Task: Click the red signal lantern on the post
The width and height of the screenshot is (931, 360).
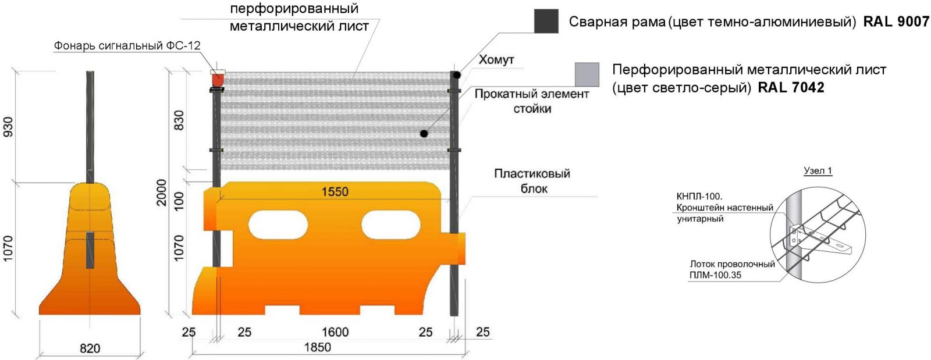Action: (x=218, y=79)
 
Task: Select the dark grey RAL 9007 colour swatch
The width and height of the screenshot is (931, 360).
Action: (x=546, y=22)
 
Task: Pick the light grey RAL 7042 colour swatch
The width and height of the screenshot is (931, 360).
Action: (x=587, y=74)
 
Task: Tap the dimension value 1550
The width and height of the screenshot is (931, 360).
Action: (x=335, y=192)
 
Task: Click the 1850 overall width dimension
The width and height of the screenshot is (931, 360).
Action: (x=317, y=347)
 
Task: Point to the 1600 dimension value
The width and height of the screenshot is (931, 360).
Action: (x=335, y=332)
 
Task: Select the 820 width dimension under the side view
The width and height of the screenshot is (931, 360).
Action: (x=90, y=348)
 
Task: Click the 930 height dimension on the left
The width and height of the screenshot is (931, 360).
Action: (x=8, y=127)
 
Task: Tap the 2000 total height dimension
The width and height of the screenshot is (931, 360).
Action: (x=161, y=193)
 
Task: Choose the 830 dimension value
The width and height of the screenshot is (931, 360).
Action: (x=179, y=120)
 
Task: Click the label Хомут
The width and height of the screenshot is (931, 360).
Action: (x=496, y=60)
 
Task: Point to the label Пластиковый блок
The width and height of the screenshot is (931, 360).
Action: (x=532, y=181)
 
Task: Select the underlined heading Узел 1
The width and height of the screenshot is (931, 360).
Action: (x=818, y=171)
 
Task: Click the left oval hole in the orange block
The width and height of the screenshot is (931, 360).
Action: (x=278, y=225)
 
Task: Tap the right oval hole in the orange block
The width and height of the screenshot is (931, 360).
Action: (x=390, y=225)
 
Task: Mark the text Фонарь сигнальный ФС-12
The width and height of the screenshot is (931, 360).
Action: (x=127, y=45)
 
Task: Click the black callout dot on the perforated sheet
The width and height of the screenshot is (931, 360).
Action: (x=424, y=134)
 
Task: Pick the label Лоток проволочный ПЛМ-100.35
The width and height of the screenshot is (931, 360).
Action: (x=732, y=269)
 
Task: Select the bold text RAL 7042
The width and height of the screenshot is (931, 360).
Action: (x=791, y=88)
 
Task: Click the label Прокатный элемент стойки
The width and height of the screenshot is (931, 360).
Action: (x=532, y=101)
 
